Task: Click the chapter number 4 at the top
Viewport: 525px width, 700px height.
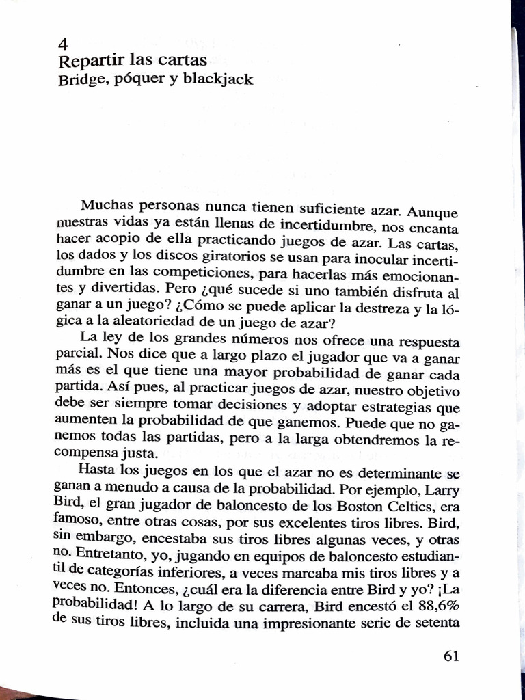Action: point(63,44)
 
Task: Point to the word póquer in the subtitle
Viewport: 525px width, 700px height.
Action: point(140,79)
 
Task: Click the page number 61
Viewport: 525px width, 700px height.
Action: point(451,656)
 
